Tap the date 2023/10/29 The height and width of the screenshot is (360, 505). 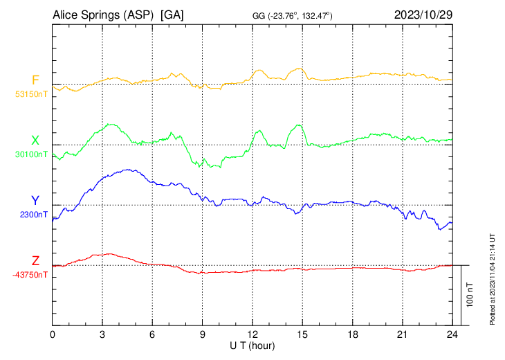coord(421,15)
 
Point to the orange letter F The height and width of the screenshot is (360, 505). coord(35,80)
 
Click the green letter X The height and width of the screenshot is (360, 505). coord(35,141)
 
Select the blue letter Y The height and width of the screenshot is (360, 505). coord(35,201)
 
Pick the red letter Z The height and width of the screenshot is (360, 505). coord(35,261)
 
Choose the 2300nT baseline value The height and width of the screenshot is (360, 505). coord(34,215)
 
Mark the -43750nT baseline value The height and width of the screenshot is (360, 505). coord(30,275)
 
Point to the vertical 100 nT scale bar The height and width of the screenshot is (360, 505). coord(461,294)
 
